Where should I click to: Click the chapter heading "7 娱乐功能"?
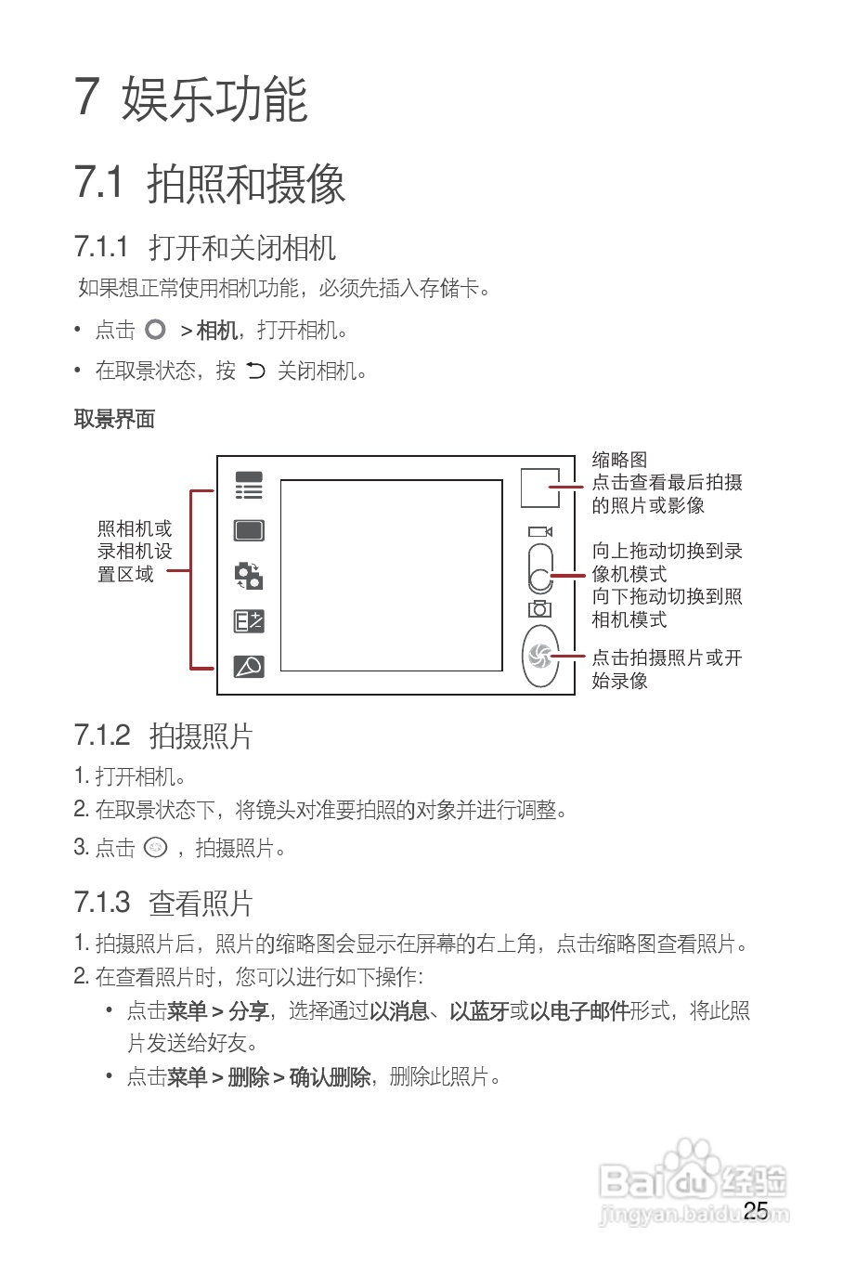(191, 98)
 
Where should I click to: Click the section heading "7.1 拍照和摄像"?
(210, 182)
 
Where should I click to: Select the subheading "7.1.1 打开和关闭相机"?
(204, 248)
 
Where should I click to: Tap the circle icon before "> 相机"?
(155, 330)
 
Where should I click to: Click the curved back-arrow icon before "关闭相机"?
(255, 371)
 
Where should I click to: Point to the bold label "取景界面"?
(114, 419)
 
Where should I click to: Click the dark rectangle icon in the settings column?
(249, 530)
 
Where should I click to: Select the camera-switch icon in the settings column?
(249, 576)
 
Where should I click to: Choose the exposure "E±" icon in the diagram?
(249, 621)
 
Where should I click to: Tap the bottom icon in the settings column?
(249, 666)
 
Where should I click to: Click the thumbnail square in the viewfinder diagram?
(539, 487)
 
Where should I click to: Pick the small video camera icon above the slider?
(540, 532)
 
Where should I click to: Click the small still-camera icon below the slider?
(539, 609)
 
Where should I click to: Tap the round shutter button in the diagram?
(540, 657)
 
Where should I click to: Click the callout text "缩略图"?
(619, 460)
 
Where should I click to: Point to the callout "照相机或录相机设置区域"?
(135, 552)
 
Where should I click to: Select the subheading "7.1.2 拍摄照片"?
(163, 736)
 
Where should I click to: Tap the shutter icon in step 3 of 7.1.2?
(156, 847)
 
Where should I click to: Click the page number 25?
(756, 1211)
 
